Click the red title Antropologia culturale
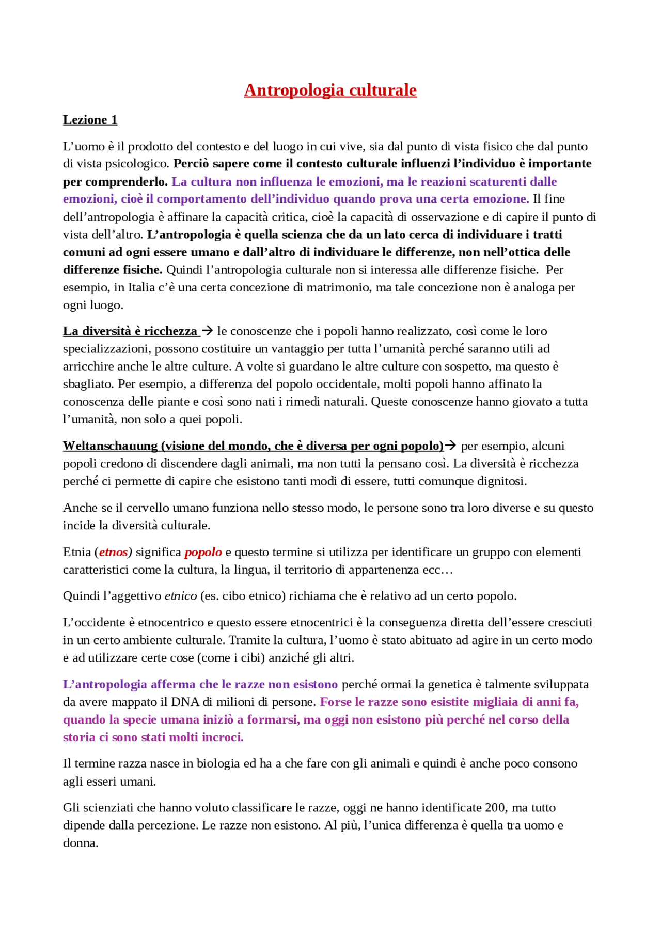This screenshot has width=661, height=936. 330,90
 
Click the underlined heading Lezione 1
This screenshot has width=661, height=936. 90,120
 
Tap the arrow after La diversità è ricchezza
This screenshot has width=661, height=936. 207,330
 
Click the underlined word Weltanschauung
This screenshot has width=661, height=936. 110,446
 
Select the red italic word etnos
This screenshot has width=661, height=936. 113,552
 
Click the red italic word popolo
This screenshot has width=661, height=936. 203,552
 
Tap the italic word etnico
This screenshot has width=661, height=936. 181,596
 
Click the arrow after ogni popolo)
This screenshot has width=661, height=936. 450,445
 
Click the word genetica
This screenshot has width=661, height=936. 450,684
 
